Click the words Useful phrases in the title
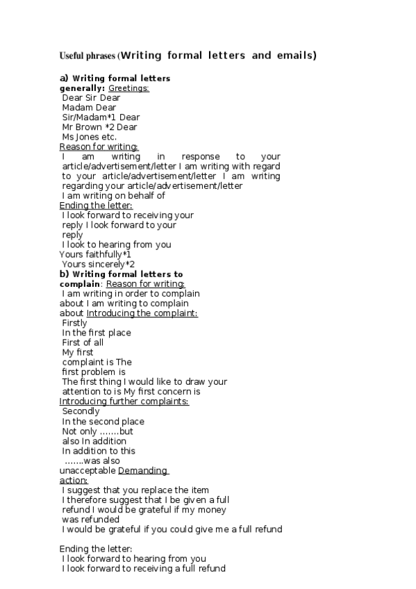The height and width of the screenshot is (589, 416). pos(87,56)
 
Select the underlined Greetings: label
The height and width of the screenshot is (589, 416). pos(128,88)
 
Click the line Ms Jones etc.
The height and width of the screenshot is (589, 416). pos(89,137)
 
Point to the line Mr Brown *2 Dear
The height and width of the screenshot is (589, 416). pos(99,127)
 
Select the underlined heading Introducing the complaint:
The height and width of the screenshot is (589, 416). pos(142,313)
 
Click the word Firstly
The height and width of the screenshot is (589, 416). pos(75,323)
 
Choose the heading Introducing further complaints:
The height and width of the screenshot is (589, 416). pos(124,401)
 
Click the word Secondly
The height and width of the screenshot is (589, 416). pos(81,411)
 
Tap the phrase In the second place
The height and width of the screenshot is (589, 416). pos(103,421)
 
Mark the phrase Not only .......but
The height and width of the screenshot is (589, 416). pos(97,431)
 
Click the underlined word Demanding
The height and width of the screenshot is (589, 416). pos(143,470)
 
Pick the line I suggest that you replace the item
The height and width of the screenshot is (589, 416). pos(135,490)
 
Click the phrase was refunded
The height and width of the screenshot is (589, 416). pos(90,520)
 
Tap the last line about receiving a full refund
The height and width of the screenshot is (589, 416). pos(143,569)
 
